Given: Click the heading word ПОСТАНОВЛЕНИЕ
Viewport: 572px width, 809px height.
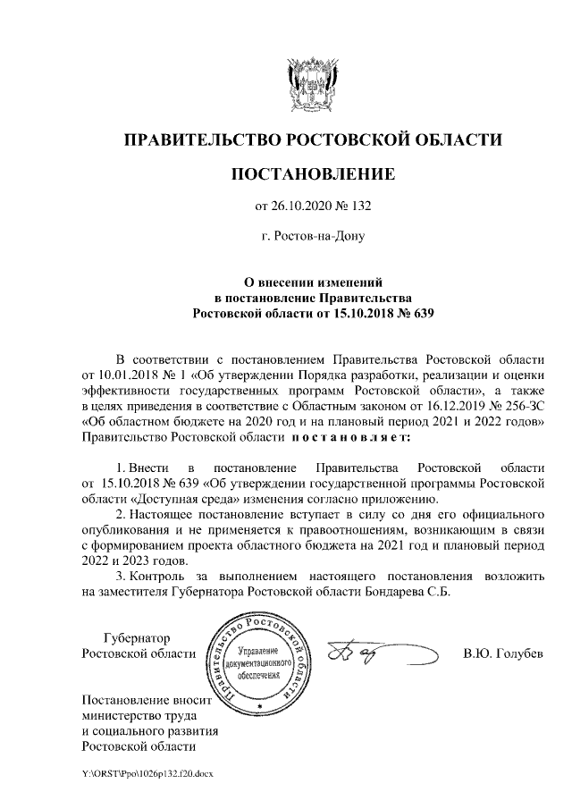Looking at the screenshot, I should click(x=312, y=173).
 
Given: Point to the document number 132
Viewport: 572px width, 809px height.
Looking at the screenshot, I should click(x=359, y=206).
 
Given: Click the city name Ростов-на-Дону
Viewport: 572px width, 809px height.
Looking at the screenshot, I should click(x=313, y=237).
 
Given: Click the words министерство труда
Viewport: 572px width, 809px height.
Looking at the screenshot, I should click(x=139, y=715).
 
